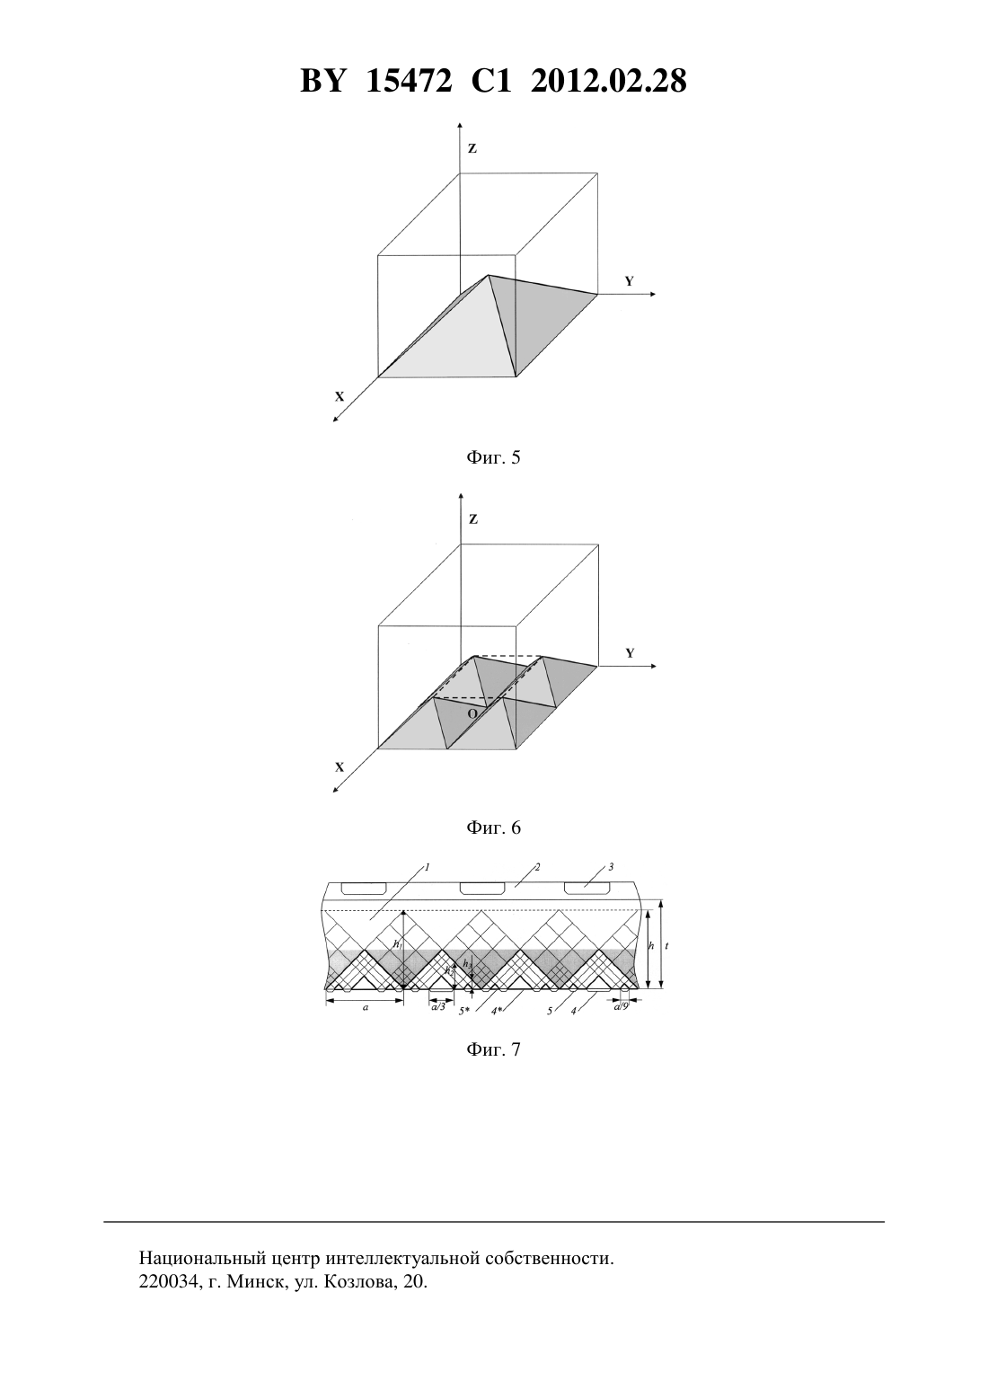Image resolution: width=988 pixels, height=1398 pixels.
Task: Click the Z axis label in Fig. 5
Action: pos(472,148)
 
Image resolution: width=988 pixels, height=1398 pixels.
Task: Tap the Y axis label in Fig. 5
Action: pos(630,281)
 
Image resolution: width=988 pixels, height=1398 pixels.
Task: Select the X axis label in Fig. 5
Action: pos(340,396)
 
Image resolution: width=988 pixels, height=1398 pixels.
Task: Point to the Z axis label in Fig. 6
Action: pos(472,519)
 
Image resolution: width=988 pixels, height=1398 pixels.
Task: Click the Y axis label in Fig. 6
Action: pos(630,653)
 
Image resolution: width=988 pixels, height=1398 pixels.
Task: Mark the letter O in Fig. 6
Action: pos(472,713)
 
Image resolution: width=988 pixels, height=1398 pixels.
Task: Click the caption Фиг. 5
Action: pos(493,457)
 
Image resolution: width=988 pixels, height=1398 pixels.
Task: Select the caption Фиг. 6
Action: pos(493,827)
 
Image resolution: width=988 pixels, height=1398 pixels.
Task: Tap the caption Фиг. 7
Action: pos(493,1049)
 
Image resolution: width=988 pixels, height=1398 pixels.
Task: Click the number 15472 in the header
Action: pos(409,81)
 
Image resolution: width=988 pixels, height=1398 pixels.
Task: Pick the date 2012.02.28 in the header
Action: pos(609,81)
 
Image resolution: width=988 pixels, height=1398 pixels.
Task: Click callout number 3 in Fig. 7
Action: pos(612,866)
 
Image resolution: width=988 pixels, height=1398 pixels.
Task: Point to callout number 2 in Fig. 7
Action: pos(537,866)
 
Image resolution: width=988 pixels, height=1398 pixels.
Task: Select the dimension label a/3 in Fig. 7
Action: pos(438,1006)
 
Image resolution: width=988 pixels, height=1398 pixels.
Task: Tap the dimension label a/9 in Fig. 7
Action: pos(621,1006)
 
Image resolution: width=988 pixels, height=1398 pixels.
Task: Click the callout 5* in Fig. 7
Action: pos(463,1012)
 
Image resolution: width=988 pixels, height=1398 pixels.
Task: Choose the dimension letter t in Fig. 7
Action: pos(666,946)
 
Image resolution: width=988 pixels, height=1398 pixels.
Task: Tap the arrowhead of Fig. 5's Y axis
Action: pos(652,293)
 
